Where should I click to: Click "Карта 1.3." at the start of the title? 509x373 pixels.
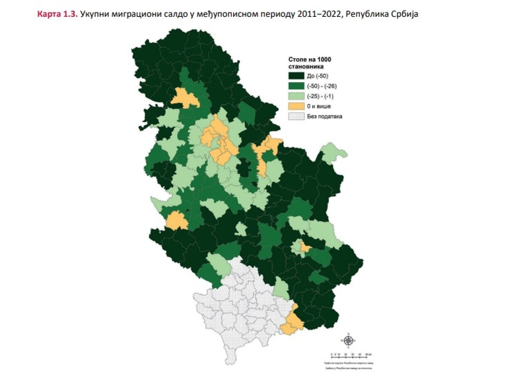coord(57,13)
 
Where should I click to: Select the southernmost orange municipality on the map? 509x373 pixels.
coord(293,323)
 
